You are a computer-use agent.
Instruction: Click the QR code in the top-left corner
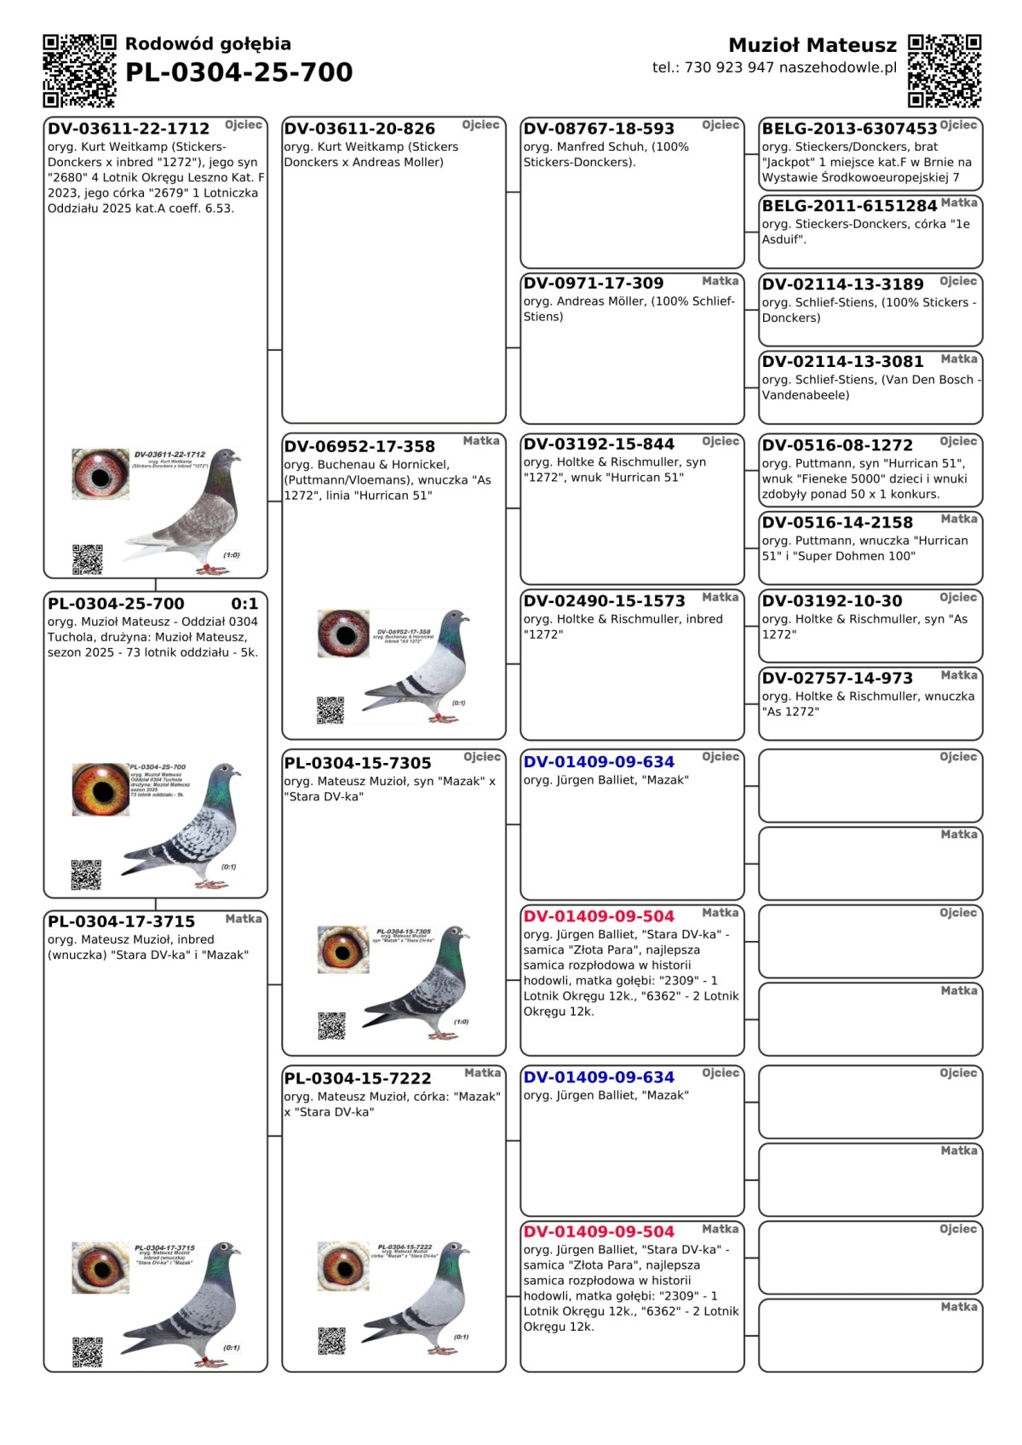tap(79, 71)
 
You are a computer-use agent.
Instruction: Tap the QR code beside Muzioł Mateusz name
tap(944, 71)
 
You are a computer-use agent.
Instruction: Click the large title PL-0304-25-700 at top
tap(238, 72)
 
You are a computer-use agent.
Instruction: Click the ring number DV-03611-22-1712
tap(129, 129)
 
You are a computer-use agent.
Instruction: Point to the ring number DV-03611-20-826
tap(359, 129)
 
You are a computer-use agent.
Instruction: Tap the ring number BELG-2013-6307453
tap(849, 129)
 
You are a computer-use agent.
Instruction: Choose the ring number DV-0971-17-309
tap(593, 283)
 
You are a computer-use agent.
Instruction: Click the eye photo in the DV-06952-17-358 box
tap(343, 634)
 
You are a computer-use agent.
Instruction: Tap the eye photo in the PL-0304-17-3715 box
tap(100, 1267)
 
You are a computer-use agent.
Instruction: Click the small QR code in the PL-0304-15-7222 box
tap(331, 1339)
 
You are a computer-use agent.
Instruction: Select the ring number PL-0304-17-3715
tap(121, 921)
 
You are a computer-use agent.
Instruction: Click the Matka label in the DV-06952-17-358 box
tap(481, 441)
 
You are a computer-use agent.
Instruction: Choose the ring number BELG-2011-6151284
tap(849, 205)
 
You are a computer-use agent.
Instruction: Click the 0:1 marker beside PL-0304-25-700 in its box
tap(244, 604)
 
